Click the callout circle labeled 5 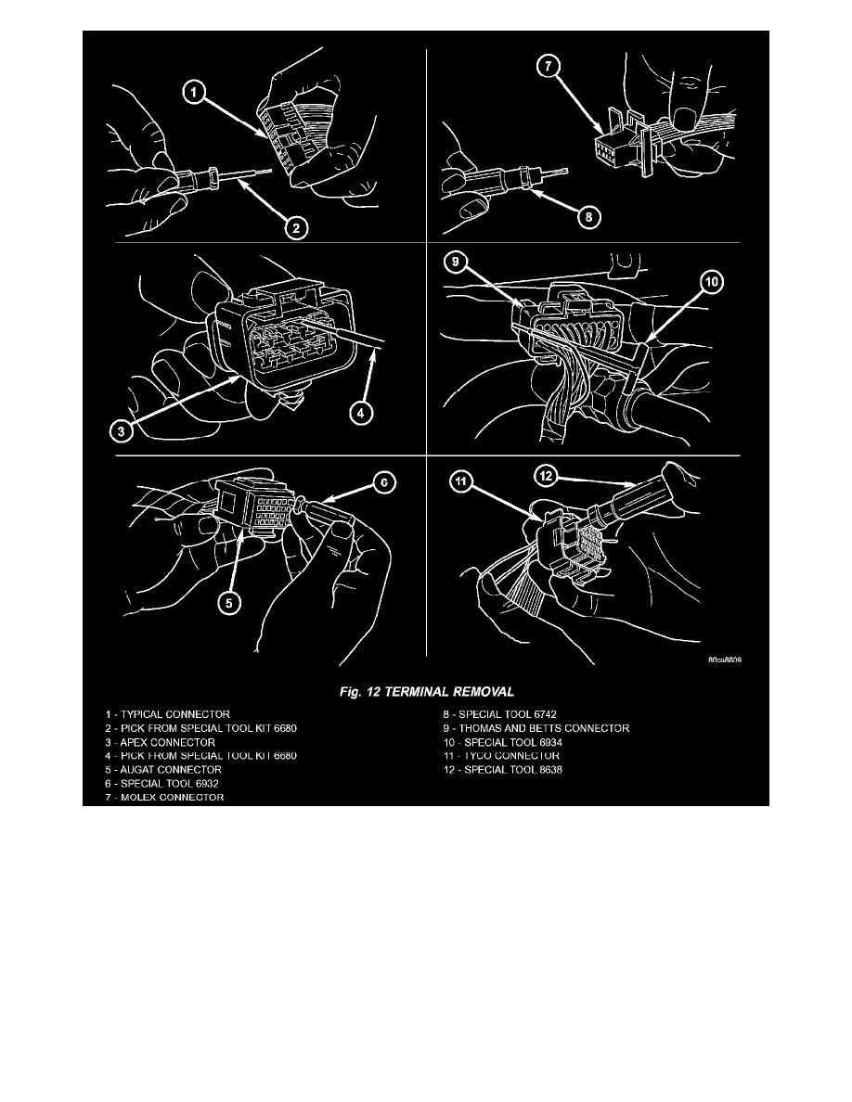point(226,604)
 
